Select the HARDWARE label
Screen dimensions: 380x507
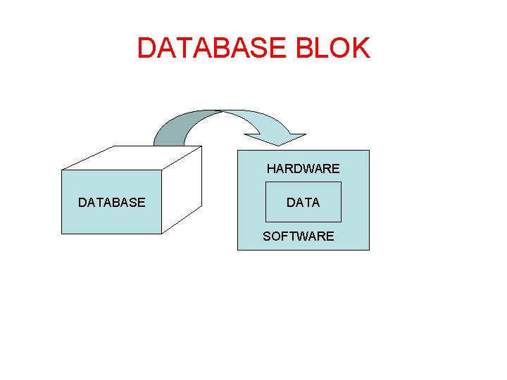coord(303,169)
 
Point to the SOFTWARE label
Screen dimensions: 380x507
coord(299,236)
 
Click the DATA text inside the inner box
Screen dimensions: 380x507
coord(303,203)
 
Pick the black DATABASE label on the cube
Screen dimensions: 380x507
coord(111,203)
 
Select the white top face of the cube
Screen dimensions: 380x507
coord(134,158)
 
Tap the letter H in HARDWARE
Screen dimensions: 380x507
coord(271,169)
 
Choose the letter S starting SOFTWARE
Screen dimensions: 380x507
coord(267,236)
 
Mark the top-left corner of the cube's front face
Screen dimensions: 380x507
coord(62,170)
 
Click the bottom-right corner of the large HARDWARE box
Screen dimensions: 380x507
coord(369,250)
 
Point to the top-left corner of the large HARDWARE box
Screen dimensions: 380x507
coord(238,151)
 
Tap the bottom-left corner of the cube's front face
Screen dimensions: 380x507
coord(62,234)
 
